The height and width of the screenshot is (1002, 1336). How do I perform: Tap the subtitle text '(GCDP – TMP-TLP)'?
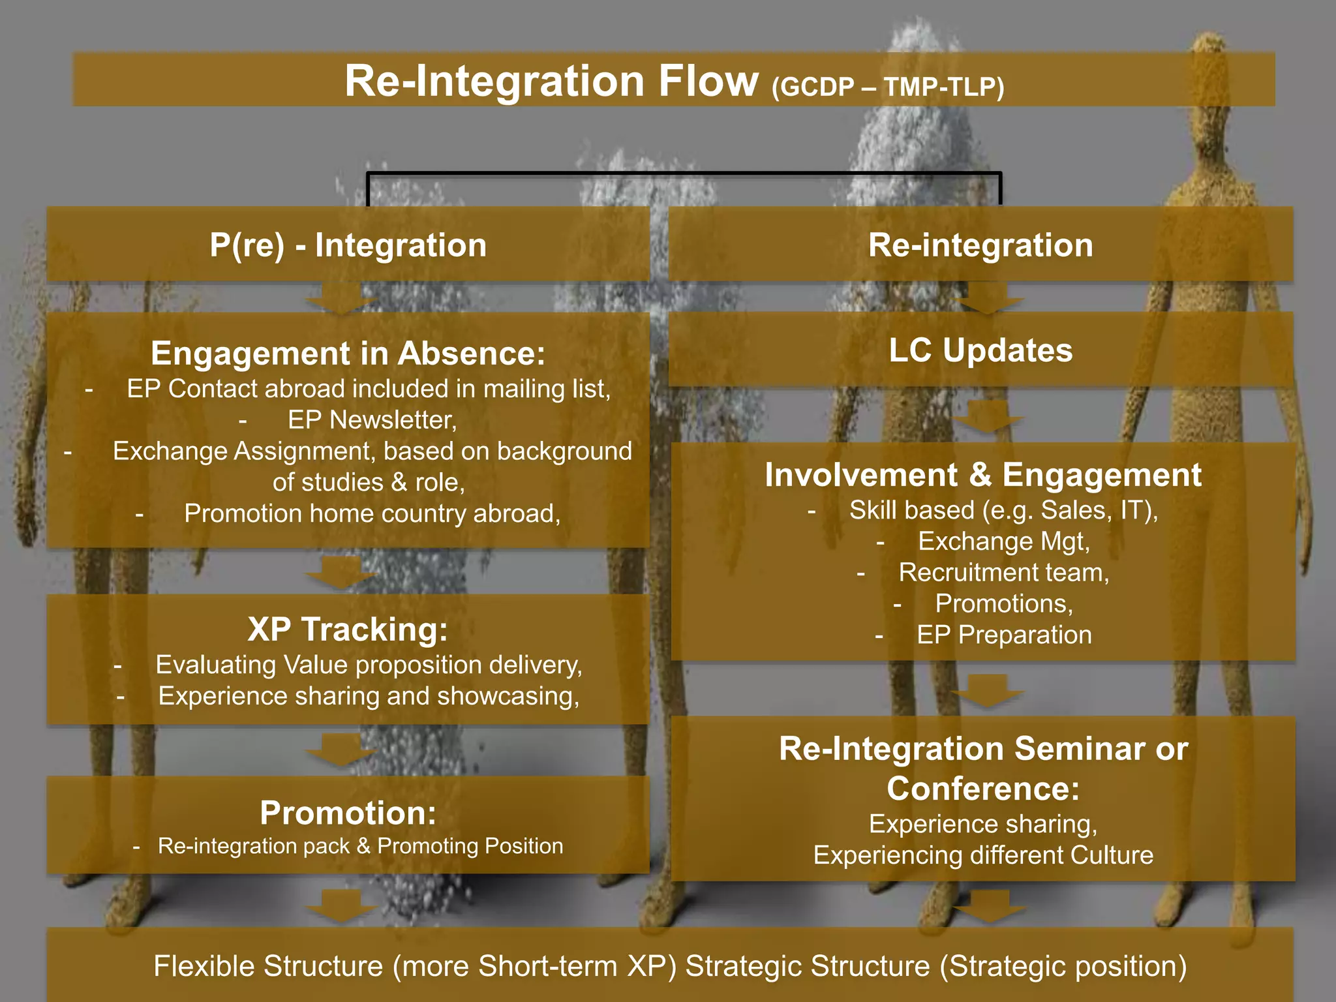coord(887,87)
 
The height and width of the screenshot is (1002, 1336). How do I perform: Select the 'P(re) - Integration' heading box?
coord(348,245)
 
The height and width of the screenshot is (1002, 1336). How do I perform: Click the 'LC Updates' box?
coord(980,350)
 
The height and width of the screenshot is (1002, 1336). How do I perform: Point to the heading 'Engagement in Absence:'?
coord(348,354)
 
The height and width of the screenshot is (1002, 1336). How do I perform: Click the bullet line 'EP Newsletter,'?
coord(372,420)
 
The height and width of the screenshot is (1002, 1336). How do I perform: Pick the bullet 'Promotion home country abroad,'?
coord(372,513)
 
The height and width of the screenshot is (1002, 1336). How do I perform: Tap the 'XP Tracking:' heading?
coord(348,630)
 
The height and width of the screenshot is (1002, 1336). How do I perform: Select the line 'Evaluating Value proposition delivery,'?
coord(369,665)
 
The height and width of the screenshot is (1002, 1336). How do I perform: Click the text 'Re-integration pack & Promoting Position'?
coord(360,846)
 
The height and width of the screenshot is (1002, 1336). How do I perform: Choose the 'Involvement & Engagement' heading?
coord(982,475)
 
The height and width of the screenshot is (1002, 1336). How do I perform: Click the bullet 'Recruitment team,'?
coord(1003,572)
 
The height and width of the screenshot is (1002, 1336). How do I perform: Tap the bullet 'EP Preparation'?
coord(1003,635)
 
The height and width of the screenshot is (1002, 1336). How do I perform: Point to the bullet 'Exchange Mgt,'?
coord(1003,541)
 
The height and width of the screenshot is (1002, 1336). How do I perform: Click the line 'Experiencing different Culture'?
coord(982,855)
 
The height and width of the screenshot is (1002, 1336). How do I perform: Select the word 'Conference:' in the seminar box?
coord(982,789)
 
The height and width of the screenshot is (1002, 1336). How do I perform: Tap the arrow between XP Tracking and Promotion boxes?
coord(341,750)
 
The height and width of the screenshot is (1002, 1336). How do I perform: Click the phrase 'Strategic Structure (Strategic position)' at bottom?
coord(935,966)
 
